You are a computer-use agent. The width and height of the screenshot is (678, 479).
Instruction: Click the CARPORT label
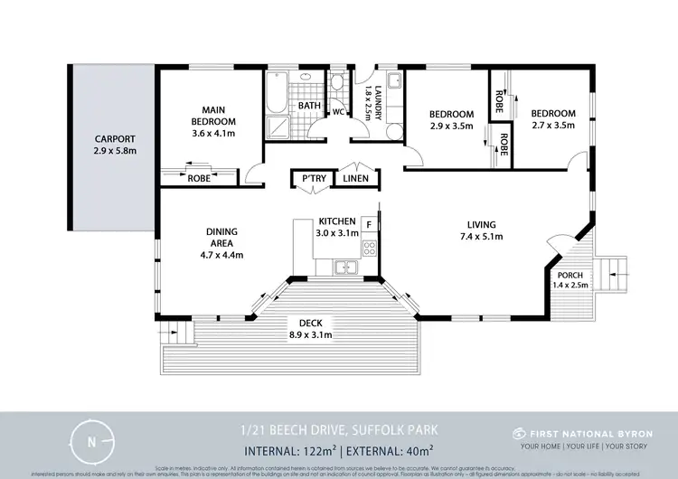click(x=115, y=140)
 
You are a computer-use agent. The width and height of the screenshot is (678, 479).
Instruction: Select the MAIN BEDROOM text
click(x=213, y=116)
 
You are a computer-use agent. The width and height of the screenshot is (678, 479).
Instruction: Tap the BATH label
click(x=310, y=106)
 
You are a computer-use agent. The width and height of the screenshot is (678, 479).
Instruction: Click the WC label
click(x=336, y=113)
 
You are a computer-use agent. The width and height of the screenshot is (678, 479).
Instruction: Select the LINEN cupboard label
click(x=354, y=180)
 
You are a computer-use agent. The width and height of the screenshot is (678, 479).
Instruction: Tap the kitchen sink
click(x=345, y=267)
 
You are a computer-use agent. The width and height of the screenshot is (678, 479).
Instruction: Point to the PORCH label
click(x=570, y=275)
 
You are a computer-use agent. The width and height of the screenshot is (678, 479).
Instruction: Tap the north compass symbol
click(x=89, y=442)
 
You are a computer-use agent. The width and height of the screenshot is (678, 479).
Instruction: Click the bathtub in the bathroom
click(x=276, y=96)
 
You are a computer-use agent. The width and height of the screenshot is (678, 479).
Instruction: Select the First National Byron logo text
click(x=581, y=431)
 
